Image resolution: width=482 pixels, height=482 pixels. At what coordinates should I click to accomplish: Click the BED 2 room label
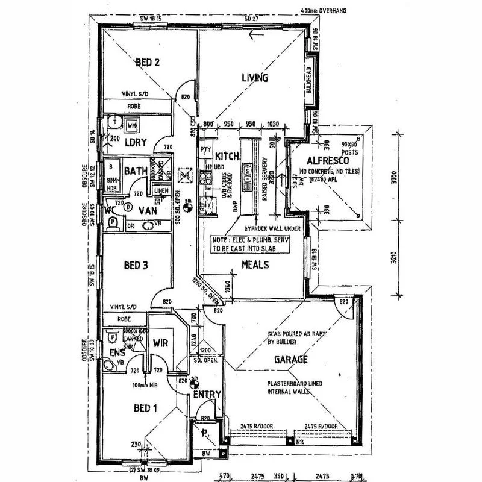click(147, 62)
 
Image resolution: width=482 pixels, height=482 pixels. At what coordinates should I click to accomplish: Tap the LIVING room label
click(255, 78)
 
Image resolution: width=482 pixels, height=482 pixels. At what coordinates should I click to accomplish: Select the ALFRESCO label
click(324, 160)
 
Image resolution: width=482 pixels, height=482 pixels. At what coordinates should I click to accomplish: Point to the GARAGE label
click(292, 360)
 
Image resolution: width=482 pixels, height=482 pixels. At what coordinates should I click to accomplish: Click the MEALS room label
click(255, 264)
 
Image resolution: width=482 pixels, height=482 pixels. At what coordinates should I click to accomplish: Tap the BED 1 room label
click(145, 408)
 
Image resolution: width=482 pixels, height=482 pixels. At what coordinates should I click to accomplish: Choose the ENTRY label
click(207, 395)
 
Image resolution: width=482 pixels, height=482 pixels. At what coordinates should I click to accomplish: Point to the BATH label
click(136, 171)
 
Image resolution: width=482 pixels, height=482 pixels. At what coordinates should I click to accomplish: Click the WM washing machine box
click(132, 125)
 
